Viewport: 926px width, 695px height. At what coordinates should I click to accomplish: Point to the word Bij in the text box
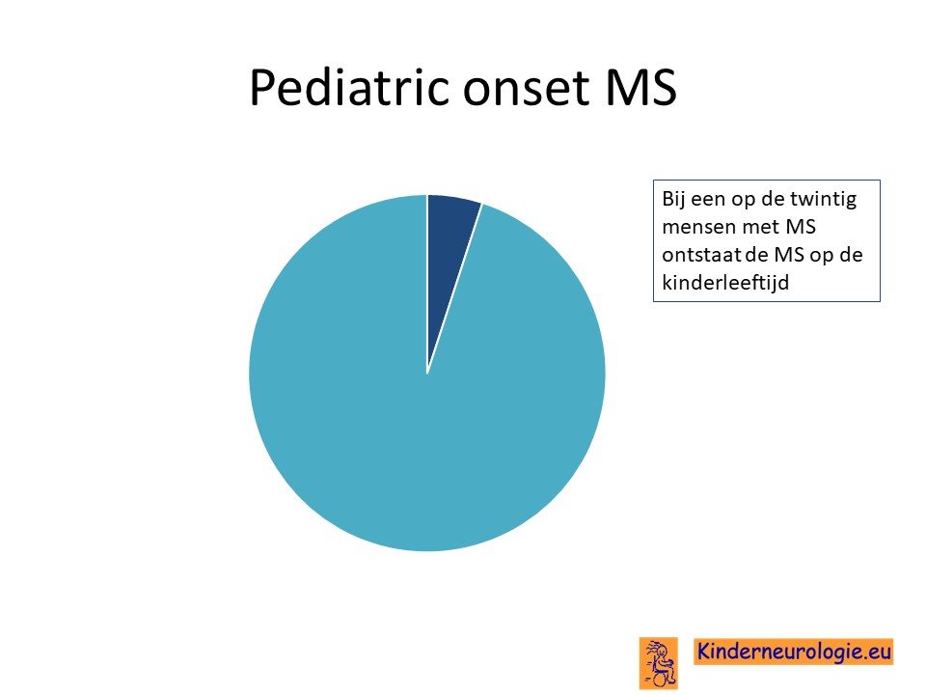click(673, 199)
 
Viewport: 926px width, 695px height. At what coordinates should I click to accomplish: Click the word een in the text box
click(708, 201)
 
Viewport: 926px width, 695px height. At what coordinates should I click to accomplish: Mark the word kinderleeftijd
click(725, 283)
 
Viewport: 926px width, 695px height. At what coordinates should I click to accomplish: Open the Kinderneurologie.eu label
click(794, 652)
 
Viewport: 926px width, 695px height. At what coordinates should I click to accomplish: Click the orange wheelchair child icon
click(659, 663)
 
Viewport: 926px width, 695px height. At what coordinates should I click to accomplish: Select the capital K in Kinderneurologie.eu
click(704, 652)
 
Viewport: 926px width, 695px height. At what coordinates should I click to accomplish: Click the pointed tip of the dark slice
click(427, 374)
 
